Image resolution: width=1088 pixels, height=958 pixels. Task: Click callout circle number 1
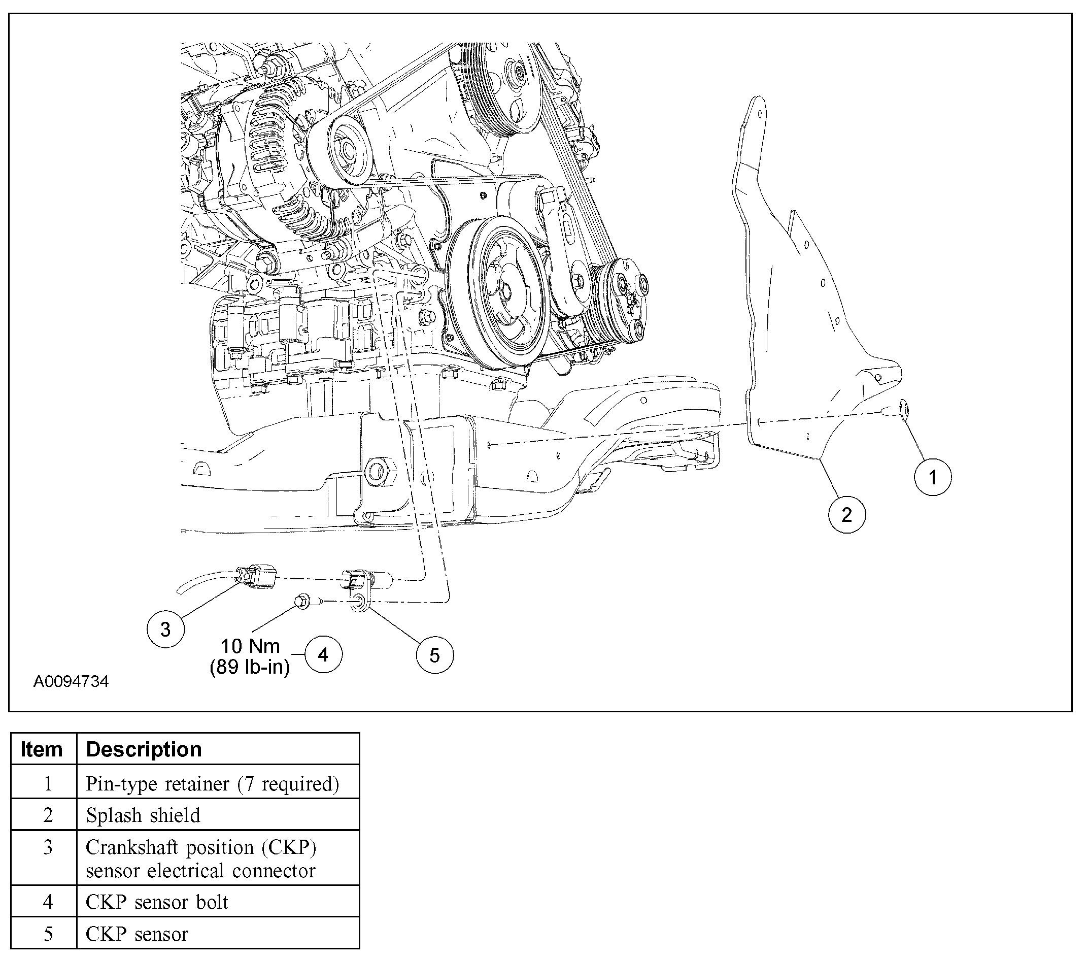pyautogui.click(x=932, y=477)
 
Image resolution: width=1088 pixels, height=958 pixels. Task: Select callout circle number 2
pyautogui.click(x=846, y=514)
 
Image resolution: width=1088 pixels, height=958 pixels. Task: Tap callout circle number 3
pyautogui.click(x=165, y=629)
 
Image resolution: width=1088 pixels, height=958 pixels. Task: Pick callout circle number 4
pyautogui.click(x=323, y=654)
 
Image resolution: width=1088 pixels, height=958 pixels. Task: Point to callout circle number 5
pyautogui.click(x=434, y=655)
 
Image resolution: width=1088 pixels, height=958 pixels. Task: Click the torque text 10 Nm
pyautogui.click(x=250, y=646)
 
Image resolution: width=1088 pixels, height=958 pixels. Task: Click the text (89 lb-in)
pyautogui.click(x=250, y=667)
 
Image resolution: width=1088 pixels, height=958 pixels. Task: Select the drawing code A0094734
pyautogui.click(x=71, y=682)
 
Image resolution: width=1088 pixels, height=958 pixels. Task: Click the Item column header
pyautogui.click(x=42, y=749)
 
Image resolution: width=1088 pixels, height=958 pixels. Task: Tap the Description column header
pyautogui.click(x=144, y=749)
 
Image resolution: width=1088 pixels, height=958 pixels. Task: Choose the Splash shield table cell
pyautogui.click(x=143, y=815)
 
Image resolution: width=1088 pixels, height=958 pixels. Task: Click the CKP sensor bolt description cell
pyautogui.click(x=157, y=902)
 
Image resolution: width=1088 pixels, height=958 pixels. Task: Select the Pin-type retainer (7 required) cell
pyautogui.click(x=213, y=783)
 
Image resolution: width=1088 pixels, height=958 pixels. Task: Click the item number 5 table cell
pyautogui.click(x=48, y=934)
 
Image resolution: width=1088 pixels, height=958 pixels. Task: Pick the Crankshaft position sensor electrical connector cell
pyautogui.click(x=200, y=858)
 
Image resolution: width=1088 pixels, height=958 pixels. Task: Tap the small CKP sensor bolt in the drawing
pyautogui.click(x=303, y=602)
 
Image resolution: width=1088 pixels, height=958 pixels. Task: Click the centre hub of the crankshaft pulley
pyautogui.click(x=504, y=292)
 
